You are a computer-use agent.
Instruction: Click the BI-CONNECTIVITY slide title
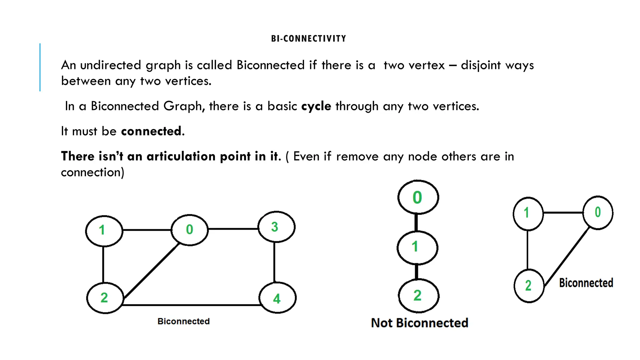point(308,39)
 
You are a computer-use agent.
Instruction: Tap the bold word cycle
point(316,106)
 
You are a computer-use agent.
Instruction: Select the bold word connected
point(151,131)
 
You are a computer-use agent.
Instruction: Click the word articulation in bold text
point(181,156)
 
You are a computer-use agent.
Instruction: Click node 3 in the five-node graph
point(276,227)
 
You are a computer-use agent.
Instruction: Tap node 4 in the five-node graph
point(277,298)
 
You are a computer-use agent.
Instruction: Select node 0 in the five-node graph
point(189,230)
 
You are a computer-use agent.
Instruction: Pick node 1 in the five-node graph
point(104,231)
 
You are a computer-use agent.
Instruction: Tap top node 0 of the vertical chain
point(418,197)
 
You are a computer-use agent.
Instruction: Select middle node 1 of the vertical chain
point(417,247)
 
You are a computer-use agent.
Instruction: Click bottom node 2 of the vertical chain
point(418,296)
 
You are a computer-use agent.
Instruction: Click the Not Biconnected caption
point(419,323)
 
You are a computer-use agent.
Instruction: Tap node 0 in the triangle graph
point(597,213)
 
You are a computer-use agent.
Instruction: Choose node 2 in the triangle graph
point(529,286)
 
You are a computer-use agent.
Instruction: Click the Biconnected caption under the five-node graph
point(183,321)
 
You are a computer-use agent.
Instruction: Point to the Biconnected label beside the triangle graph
point(586,283)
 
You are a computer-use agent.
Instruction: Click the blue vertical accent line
point(40,67)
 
